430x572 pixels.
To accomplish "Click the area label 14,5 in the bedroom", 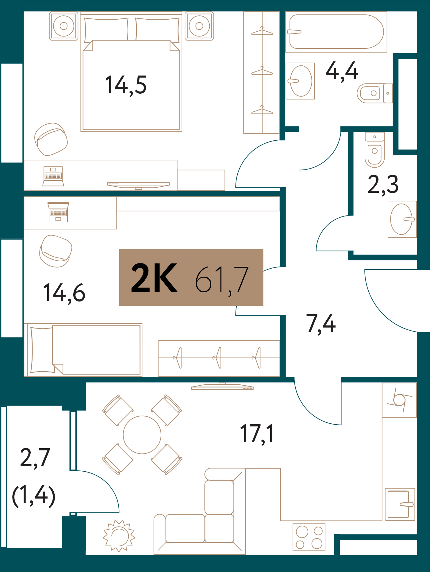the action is (126, 85).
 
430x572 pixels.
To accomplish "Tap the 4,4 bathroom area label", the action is (342, 71).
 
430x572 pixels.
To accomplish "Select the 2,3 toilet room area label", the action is (383, 184).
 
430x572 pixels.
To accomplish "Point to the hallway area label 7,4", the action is (321, 324).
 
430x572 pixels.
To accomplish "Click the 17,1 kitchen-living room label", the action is (257, 434).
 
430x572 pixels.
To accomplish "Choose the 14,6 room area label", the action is (64, 293).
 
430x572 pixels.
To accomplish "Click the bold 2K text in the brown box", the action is (154, 278).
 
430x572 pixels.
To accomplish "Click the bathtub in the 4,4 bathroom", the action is (336, 32).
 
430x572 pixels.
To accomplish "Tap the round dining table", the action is (142, 435).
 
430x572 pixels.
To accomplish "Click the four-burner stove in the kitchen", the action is (309, 537).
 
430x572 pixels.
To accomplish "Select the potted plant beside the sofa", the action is (119, 536).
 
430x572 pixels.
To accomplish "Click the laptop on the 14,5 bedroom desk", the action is (53, 176).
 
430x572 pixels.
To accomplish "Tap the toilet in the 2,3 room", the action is (374, 150).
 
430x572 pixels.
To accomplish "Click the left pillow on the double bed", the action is (106, 29).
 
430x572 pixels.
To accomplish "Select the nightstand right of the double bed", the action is (199, 26).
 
